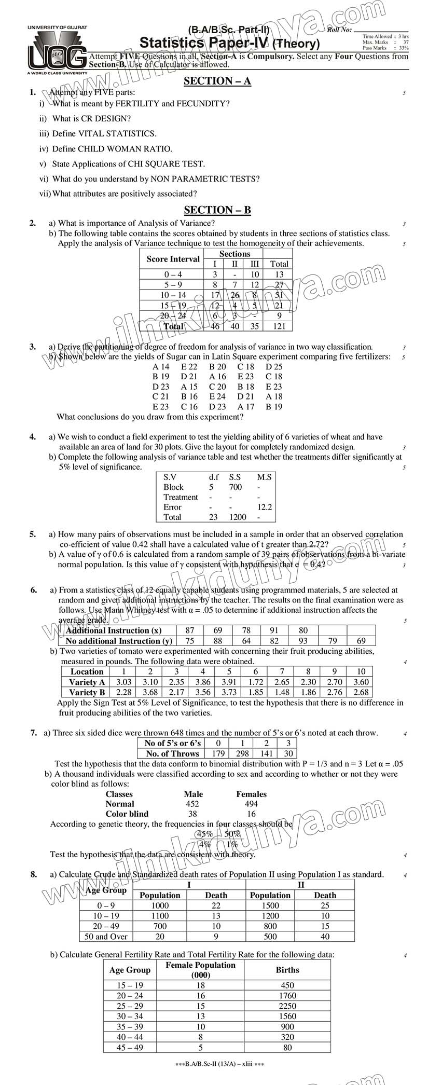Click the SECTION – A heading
(x=217, y=81)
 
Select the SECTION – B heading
(x=217, y=210)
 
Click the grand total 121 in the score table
(x=279, y=326)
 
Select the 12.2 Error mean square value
(x=265, y=507)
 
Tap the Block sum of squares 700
(x=235, y=487)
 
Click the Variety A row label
(x=87, y=682)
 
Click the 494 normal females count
(x=251, y=804)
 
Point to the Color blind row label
(x=127, y=814)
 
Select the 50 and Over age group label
(x=106, y=937)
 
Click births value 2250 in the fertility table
(x=287, y=1006)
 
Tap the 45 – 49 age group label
(x=130, y=1047)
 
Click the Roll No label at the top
(x=339, y=30)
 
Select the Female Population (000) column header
(x=200, y=969)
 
